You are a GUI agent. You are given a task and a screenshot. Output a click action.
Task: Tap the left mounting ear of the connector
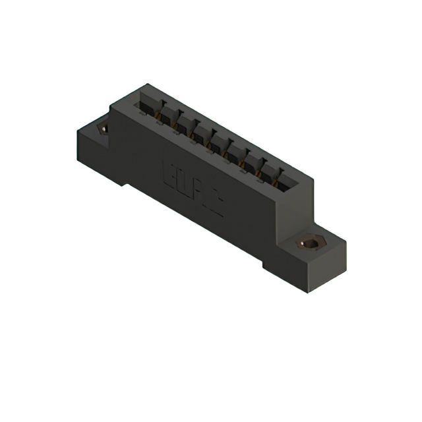[96, 142]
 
